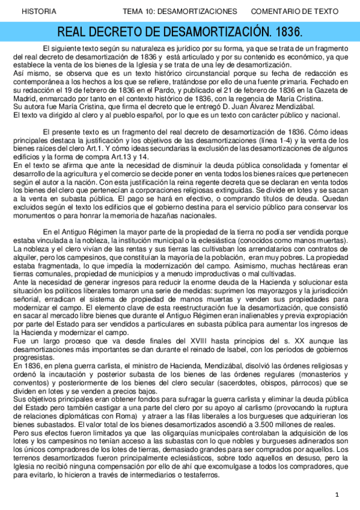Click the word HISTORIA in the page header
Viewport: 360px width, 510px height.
pos(39,11)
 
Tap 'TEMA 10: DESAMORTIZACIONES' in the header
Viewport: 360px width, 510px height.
pos(180,11)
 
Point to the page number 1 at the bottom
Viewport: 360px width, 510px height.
pos(338,494)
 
